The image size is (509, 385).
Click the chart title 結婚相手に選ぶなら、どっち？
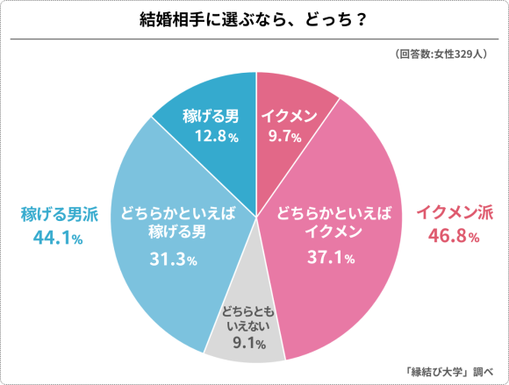click(254, 19)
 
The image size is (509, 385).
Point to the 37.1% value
click(331, 258)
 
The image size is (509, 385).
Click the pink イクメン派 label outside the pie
click(454, 212)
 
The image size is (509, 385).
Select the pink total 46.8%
click(453, 237)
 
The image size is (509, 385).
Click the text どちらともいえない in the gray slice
click(249, 318)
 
